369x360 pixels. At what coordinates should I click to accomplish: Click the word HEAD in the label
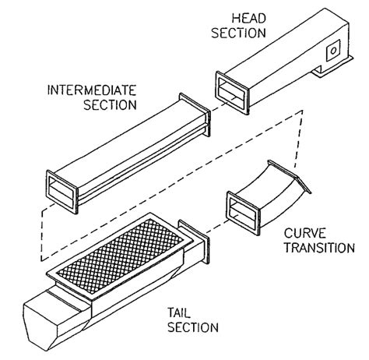(x=249, y=19)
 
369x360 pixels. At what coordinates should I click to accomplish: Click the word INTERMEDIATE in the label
(x=92, y=90)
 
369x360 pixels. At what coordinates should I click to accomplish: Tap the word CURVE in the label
(x=304, y=233)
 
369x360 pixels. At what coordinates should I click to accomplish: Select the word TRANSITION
(x=319, y=248)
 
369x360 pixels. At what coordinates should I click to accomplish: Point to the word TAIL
(x=179, y=312)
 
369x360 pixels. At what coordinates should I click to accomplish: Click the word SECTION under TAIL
(x=193, y=327)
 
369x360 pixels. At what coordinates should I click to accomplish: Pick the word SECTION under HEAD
(x=239, y=33)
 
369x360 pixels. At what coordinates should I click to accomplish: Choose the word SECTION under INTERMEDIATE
(x=110, y=104)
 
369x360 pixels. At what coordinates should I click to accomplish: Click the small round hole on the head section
(x=333, y=51)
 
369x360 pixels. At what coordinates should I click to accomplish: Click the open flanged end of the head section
(x=232, y=93)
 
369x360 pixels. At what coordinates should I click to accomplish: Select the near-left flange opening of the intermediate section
(x=61, y=192)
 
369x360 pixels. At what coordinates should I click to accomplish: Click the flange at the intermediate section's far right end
(x=195, y=115)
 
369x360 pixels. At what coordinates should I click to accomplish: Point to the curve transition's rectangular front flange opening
(x=243, y=213)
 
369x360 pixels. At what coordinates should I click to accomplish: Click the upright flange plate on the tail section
(x=194, y=241)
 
